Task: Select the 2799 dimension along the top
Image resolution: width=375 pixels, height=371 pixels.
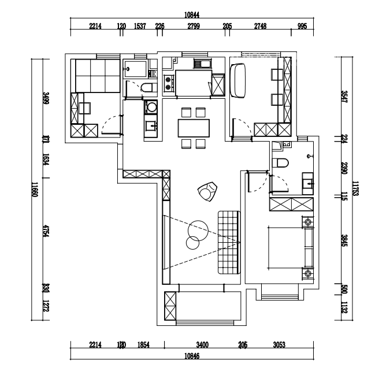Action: pos(193,26)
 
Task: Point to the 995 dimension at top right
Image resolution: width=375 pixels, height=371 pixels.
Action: pos(302,26)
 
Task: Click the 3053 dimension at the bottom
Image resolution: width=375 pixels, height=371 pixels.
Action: pos(279,345)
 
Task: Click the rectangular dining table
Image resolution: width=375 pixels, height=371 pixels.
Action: pos(192,127)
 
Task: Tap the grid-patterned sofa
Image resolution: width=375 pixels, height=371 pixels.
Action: pos(228,243)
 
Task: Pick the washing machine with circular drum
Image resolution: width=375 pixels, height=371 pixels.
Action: pos(151,107)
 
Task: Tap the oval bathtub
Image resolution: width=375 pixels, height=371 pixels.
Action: pos(239,81)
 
